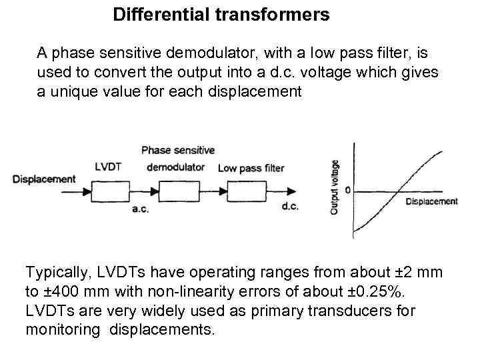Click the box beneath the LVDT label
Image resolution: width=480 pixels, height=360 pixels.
(109, 193)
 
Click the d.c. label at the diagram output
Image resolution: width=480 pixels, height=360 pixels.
(290, 207)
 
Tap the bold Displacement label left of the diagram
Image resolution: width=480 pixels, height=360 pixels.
(44, 179)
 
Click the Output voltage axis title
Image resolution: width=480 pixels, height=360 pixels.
(335, 187)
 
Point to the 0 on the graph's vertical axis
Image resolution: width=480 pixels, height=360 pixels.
(347, 191)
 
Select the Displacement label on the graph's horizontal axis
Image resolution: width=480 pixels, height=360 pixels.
(431, 201)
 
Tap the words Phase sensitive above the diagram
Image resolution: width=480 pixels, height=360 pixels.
(178, 150)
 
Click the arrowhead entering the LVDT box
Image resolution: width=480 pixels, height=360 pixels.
(87, 193)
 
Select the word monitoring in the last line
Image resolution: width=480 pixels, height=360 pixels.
(64, 329)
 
